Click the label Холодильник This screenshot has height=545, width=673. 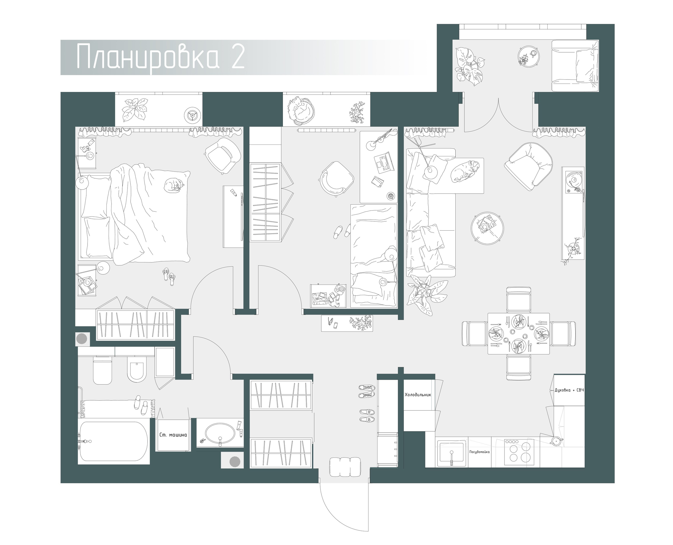pos(418,395)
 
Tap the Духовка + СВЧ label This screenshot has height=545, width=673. pos(569,390)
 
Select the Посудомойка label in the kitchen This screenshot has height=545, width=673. pos(479,452)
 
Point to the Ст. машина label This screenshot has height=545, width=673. pos(173,435)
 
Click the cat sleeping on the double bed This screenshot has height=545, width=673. pos(174,185)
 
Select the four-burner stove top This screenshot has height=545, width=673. pos(519,452)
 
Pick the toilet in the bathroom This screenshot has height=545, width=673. pos(103,371)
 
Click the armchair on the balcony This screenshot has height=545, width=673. pos(575,66)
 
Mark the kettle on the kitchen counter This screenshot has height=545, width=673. pos(555,441)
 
